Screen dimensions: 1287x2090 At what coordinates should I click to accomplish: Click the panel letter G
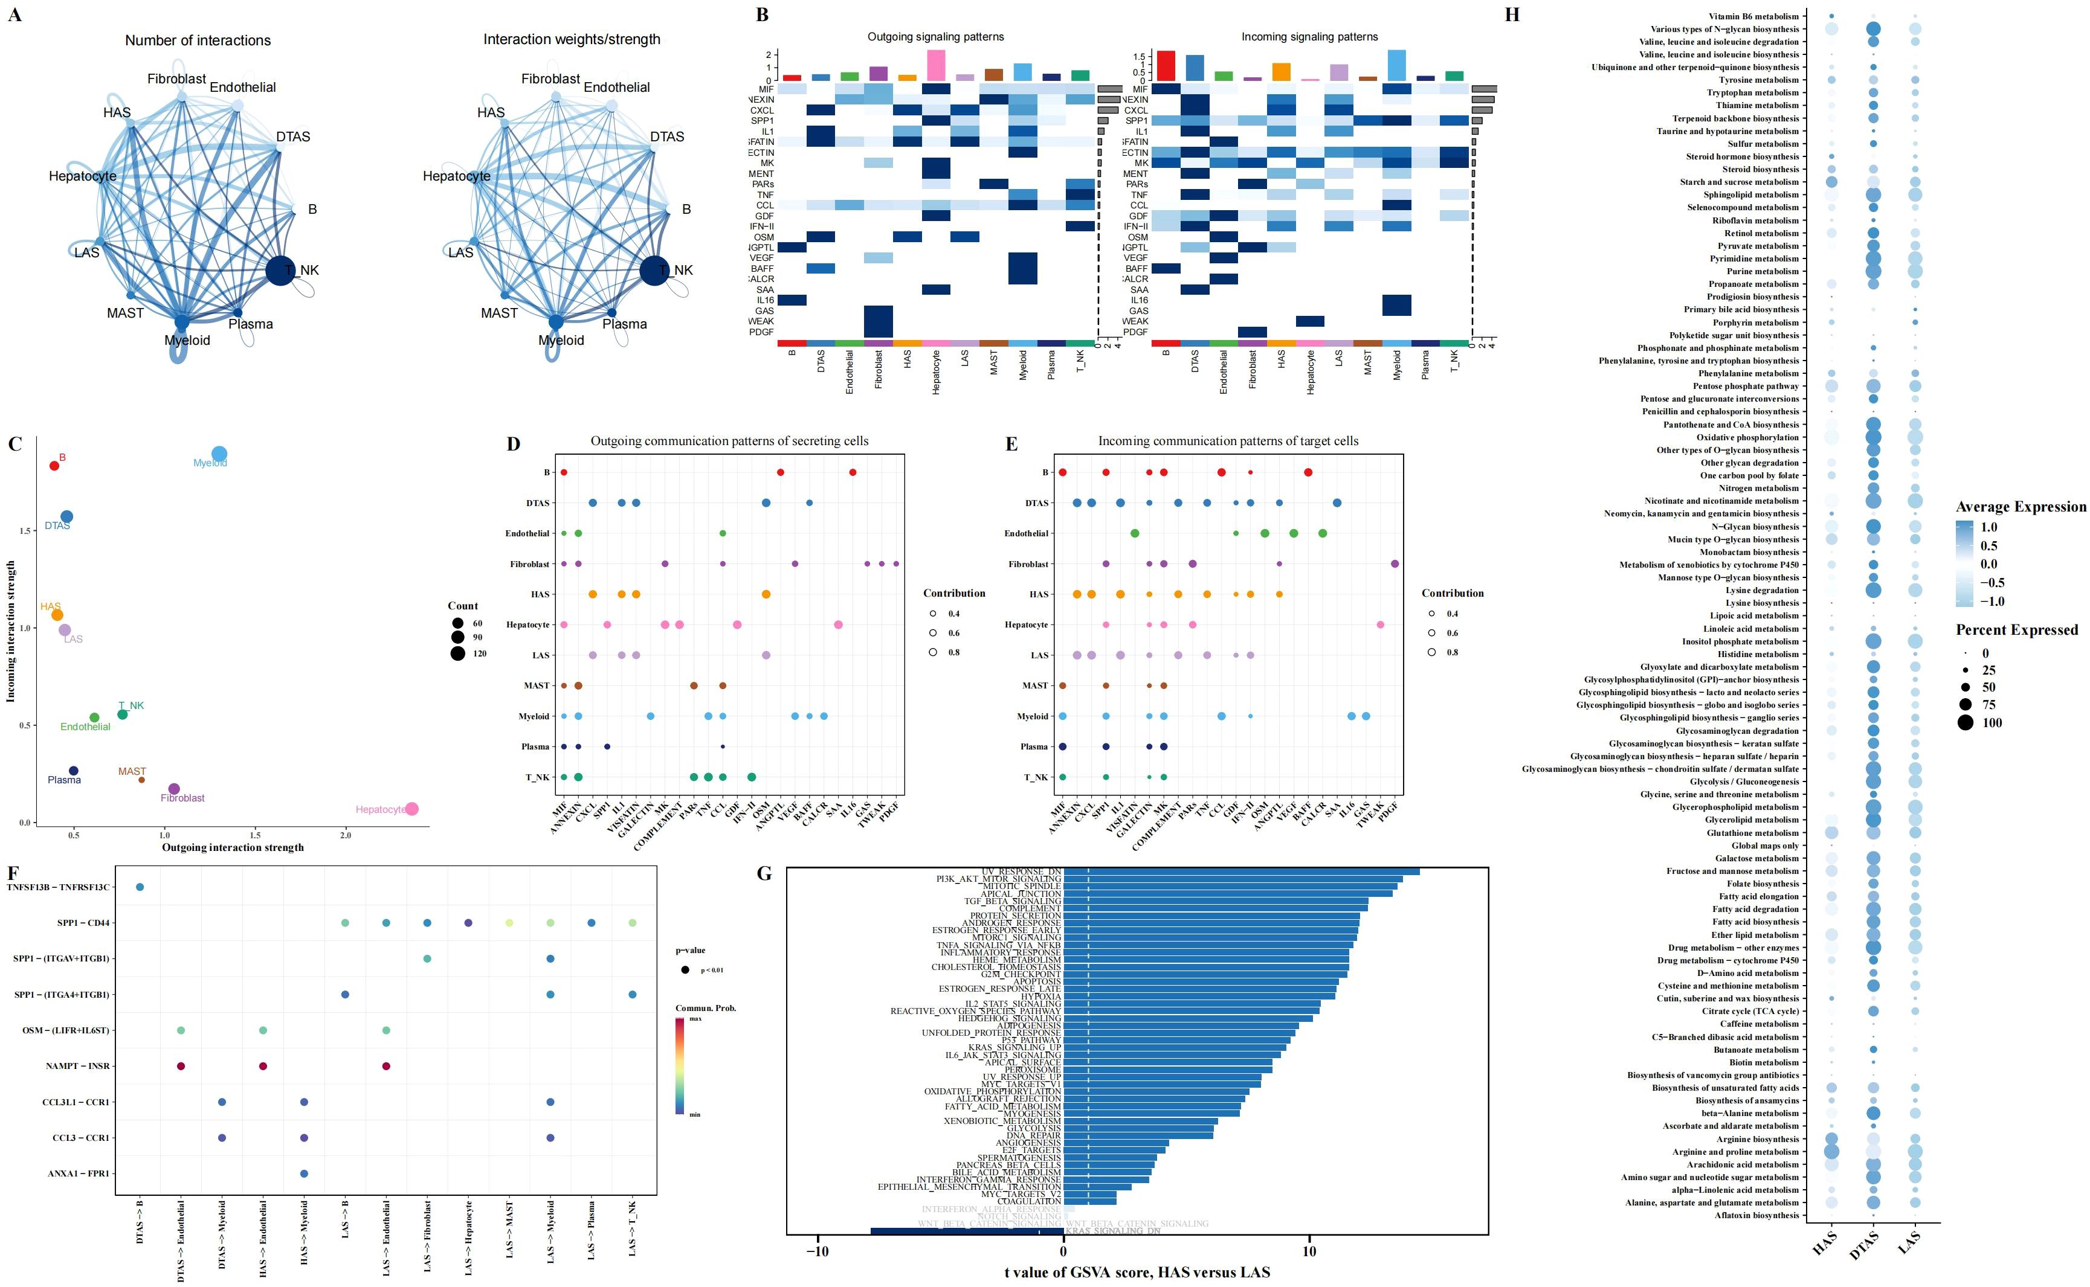764,873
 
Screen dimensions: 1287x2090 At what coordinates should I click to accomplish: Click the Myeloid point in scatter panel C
219,454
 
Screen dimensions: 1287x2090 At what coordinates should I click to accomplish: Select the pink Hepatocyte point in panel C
412,809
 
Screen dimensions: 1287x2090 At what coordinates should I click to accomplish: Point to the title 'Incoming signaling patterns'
1309,37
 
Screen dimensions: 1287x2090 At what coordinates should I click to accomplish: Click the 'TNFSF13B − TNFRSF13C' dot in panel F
140,887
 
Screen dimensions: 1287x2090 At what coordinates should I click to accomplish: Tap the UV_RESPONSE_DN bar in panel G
1240,871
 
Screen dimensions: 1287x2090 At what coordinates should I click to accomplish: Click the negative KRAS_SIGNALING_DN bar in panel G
966,1231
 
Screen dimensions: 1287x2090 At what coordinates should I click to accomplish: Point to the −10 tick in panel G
818,1251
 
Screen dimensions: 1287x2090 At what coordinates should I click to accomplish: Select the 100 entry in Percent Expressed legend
1992,723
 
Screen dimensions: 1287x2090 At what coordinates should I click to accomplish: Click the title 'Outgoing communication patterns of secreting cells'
729,441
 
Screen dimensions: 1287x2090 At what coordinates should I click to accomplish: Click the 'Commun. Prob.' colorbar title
706,1008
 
